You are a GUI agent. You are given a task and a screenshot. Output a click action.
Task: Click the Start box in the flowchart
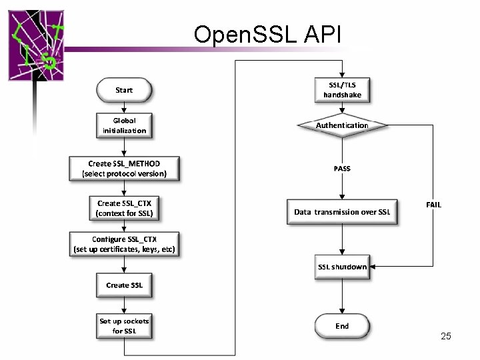[x=124, y=90]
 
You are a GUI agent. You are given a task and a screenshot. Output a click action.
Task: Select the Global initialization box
[x=124, y=125]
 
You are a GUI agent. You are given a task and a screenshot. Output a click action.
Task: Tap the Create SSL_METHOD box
[x=124, y=168]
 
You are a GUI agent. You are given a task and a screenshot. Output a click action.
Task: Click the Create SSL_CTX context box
[x=124, y=208]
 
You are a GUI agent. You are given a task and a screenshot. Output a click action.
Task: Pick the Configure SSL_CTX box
[x=124, y=245]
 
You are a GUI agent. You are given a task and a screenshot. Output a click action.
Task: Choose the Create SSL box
[x=124, y=285]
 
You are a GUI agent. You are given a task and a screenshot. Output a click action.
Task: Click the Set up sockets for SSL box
[x=124, y=326]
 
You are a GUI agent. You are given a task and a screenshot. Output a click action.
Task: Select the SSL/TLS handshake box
[x=342, y=90]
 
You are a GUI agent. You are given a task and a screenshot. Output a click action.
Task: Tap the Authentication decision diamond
[x=342, y=125]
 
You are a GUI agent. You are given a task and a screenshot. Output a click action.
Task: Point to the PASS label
[x=342, y=169]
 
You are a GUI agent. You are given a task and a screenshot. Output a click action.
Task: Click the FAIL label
[x=433, y=205]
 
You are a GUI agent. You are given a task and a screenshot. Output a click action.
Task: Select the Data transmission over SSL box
[x=342, y=212]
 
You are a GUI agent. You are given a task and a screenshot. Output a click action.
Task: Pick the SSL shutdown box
[x=342, y=267]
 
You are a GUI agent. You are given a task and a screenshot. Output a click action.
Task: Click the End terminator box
[x=342, y=326]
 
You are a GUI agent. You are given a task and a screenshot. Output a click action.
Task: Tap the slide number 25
[x=446, y=336]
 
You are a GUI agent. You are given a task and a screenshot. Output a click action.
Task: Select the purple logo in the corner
[x=37, y=43]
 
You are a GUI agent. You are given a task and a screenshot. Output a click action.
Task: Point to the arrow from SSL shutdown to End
[x=342, y=295]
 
